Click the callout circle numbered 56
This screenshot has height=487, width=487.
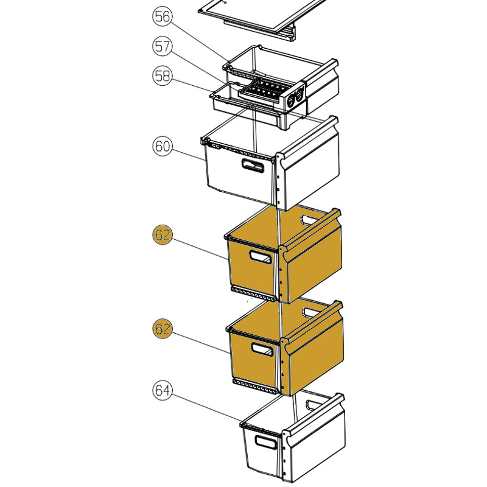pyautogui.click(x=163, y=16)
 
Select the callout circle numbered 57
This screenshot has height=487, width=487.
pyautogui.click(x=163, y=46)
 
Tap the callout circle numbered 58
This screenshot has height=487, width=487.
pyautogui.click(x=163, y=75)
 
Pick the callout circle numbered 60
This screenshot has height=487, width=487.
pyautogui.click(x=163, y=146)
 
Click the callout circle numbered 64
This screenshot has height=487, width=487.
pyautogui.click(x=163, y=390)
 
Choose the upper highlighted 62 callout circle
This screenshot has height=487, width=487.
pyautogui.click(x=163, y=235)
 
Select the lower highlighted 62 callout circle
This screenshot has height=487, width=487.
pyautogui.click(x=163, y=329)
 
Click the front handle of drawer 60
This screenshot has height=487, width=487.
pyautogui.click(x=253, y=166)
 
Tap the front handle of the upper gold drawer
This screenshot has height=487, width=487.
pyautogui.click(x=261, y=256)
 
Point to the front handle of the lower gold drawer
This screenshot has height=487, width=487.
pyautogui.click(x=262, y=349)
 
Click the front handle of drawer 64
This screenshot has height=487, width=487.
pyautogui.click(x=266, y=442)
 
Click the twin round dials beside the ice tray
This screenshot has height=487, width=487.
pyautogui.click(x=295, y=97)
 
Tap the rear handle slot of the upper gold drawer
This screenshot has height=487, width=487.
pyautogui.click(x=310, y=220)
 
